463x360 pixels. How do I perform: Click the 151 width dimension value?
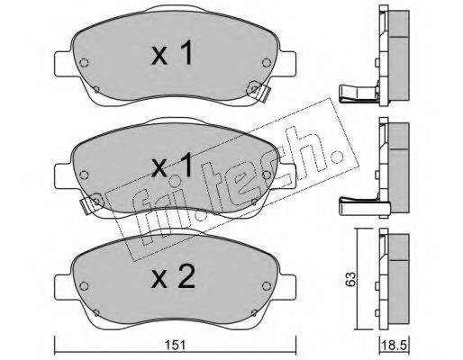tap(176, 346)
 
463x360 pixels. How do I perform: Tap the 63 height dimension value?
tap(351, 279)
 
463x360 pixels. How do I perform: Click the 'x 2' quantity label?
tap(173, 277)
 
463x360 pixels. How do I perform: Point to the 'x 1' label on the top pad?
tap(172, 53)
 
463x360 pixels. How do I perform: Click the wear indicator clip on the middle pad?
tap(91, 202)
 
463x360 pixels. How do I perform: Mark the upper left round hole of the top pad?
tap(84, 63)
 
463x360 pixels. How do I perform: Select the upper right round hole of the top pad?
tap(267, 63)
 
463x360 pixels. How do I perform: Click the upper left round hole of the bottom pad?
tap(84, 286)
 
